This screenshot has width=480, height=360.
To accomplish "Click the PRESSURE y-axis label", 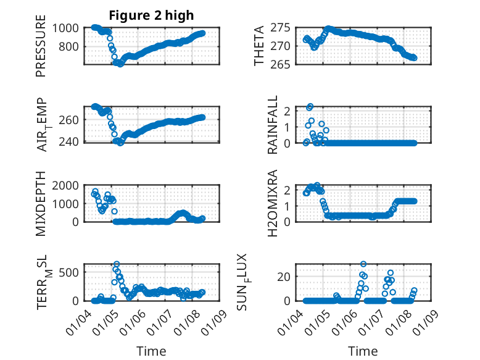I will (41, 50).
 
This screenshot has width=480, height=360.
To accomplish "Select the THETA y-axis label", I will (259, 46).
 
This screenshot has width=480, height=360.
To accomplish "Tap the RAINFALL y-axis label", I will (272, 125).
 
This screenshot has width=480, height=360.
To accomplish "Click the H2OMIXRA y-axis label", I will (272, 203).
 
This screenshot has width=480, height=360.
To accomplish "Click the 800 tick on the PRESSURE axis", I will (70, 46).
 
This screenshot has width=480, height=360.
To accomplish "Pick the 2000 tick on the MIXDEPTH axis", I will (67, 185).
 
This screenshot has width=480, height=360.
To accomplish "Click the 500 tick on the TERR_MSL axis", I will (70, 272).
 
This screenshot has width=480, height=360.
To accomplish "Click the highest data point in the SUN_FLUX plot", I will (363, 264).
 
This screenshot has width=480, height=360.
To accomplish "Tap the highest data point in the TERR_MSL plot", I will (117, 264).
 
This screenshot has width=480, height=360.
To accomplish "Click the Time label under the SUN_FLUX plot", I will (363, 351).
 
